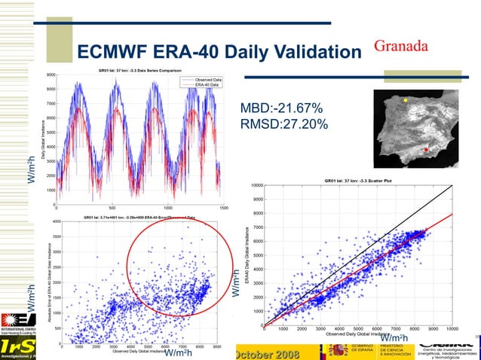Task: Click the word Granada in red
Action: tap(402, 45)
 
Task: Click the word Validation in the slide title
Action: tap(308, 52)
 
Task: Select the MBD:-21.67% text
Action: tap(281, 108)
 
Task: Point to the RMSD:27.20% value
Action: tap(283, 123)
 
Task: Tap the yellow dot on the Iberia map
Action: tap(405, 100)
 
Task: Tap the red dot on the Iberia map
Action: tap(426, 151)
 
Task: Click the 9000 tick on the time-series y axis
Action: tap(51, 75)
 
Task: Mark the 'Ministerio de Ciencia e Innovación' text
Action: tap(397, 351)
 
